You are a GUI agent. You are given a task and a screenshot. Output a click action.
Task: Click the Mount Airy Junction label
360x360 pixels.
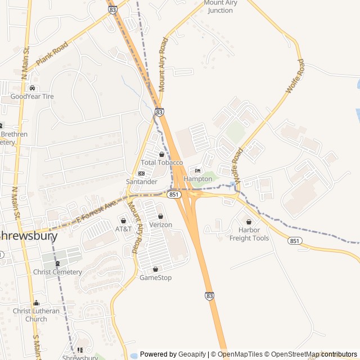(x=220, y=7)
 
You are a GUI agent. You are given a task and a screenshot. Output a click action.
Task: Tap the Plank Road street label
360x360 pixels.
(x=52, y=53)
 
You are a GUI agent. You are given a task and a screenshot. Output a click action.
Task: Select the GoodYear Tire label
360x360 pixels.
(x=32, y=97)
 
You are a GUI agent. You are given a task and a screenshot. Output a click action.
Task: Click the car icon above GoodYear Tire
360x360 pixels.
(x=33, y=88)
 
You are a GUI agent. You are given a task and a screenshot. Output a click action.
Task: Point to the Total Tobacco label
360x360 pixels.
(x=162, y=163)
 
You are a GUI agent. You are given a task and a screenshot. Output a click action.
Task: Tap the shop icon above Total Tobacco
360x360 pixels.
(x=162, y=154)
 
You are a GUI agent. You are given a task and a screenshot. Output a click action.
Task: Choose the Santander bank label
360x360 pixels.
(x=142, y=182)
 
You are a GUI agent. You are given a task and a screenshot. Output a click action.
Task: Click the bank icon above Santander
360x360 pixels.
(x=141, y=173)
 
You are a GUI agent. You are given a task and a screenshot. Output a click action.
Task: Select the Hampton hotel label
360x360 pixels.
(x=198, y=179)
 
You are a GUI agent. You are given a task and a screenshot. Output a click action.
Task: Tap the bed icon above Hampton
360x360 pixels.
(x=197, y=171)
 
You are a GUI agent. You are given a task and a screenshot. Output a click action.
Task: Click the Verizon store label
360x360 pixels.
(x=161, y=224)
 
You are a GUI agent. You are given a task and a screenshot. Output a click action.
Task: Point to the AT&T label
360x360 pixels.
(x=124, y=229)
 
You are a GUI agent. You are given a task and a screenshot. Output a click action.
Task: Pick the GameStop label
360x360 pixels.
(x=156, y=277)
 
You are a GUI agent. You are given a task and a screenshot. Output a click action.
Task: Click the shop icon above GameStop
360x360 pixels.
(x=156, y=269)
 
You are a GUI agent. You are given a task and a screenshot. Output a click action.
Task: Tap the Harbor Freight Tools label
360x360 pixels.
(x=249, y=234)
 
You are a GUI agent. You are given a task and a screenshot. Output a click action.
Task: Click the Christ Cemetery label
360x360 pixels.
(x=57, y=272)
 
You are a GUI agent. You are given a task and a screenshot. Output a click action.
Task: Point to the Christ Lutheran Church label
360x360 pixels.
(x=36, y=315)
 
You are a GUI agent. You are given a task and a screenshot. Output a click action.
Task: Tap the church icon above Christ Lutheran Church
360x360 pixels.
(x=36, y=303)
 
